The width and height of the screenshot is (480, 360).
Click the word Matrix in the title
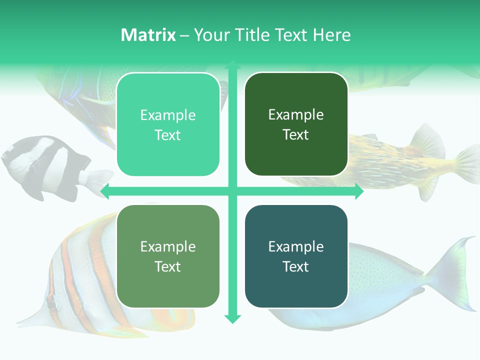click(148, 35)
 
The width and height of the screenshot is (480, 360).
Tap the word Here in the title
click(331, 35)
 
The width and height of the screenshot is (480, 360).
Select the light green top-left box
click(168, 124)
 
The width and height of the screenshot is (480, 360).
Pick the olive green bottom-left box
click(168, 256)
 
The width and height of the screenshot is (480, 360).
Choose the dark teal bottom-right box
click(296, 256)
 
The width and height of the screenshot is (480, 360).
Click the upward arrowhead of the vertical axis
click(232, 64)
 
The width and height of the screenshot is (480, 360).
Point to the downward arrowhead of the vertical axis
click(232, 319)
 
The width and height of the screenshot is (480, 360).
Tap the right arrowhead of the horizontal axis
click(359, 191)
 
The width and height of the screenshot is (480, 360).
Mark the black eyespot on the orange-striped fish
click(51, 304)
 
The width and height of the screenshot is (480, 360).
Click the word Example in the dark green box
click(296, 114)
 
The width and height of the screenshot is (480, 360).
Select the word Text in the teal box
click(296, 266)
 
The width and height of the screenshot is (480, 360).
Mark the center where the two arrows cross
click(232, 191)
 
